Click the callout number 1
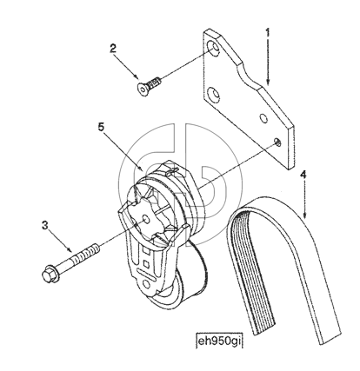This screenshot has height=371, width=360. pos(268,32)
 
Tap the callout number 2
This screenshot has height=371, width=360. pos(113,48)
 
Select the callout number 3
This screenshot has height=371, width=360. pos(44,225)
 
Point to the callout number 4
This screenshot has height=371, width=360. pos(303,174)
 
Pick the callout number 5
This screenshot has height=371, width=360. pos(101,127)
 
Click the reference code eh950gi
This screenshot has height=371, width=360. pos(219,341)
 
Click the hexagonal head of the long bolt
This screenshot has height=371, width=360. pos(50,275)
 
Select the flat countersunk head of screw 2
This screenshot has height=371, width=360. pos(142,89)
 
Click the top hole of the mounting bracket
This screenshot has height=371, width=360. pos(215,49)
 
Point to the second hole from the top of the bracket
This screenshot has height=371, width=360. pos(215,95)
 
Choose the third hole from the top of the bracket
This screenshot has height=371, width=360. pos(263,118)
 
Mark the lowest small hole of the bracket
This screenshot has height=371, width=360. pos(278,142)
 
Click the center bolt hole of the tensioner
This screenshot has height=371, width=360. pos(146,219)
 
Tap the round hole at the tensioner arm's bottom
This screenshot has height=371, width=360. pos(146,282)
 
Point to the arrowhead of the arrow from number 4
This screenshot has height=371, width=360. pos(304,215)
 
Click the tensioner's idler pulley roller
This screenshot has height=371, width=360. pos(185,278)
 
